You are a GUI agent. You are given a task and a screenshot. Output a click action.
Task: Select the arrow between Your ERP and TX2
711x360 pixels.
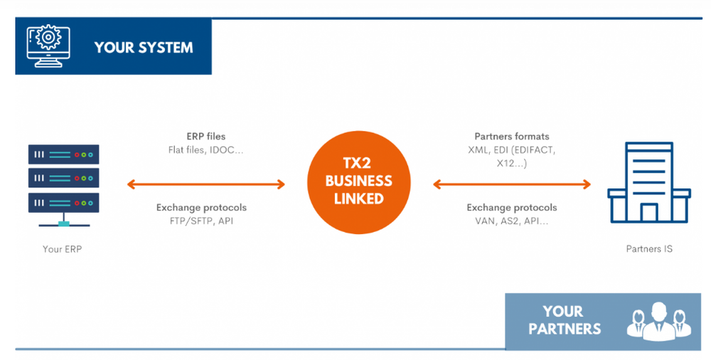point(205,184)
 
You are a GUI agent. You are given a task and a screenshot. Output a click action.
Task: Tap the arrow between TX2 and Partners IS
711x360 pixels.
point(512,184)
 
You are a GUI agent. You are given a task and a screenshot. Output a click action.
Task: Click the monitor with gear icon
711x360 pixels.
point(46,46)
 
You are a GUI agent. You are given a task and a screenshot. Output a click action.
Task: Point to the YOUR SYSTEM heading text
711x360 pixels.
point(143,48)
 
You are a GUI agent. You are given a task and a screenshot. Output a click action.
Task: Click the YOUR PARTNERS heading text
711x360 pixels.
point(565,320)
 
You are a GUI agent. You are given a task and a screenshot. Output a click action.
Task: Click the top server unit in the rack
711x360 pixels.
point(63,154)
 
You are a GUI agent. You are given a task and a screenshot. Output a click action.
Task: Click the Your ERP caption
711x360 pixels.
point(63,249)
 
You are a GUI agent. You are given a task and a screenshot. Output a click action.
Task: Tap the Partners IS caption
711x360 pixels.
point(648,249)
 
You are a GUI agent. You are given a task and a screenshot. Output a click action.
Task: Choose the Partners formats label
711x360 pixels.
point(511,136)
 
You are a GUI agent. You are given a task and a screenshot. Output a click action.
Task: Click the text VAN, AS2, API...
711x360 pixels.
point(511,221)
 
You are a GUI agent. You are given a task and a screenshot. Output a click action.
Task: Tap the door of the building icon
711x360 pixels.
point(648,212)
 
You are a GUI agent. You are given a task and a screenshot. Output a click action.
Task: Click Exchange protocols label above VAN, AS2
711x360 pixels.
point(511,208)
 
